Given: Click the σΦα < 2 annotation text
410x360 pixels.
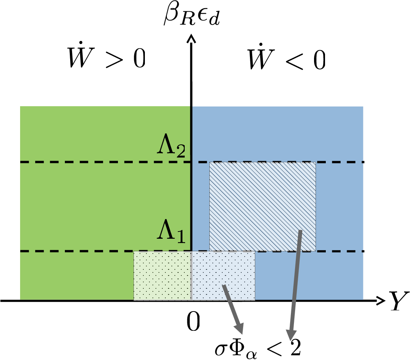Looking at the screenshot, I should point(257,346).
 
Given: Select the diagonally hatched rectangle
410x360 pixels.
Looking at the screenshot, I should point(262,207).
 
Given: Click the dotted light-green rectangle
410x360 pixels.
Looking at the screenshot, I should point(162,275).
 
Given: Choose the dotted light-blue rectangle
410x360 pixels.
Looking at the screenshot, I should point(223,275).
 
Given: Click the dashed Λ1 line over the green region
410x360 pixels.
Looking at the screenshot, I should point(76,251).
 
